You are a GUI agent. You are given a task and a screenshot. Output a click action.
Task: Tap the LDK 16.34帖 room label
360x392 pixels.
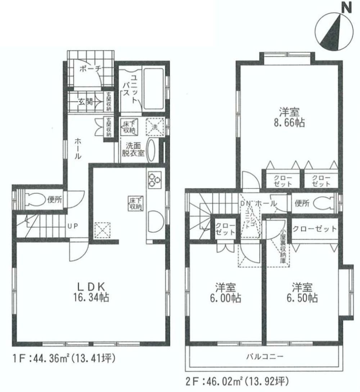91,292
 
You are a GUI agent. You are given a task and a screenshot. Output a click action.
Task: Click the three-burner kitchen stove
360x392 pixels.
155,179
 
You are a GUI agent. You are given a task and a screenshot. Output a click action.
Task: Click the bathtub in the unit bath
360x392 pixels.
154,89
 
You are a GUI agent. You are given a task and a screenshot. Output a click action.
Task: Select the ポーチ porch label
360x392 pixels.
90,69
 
